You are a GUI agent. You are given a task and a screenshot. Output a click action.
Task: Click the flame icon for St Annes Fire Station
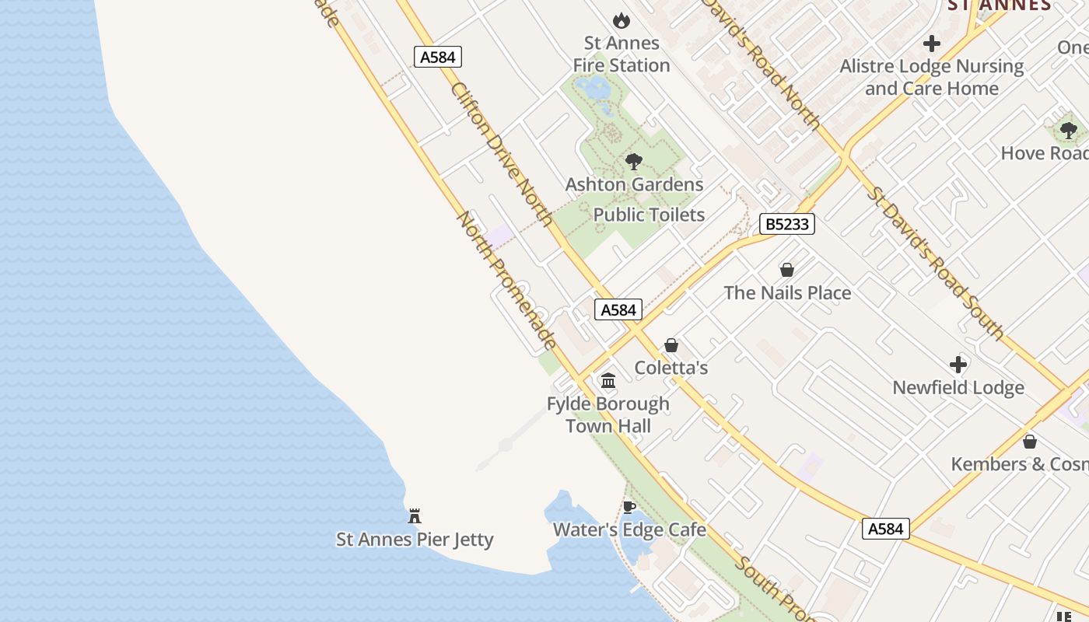pyautogui.click(x=621, y=20)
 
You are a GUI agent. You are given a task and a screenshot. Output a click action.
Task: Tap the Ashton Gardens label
pyautogui.click(x=634, y=184)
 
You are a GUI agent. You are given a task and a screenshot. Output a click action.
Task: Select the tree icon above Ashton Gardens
pyautogui.click(x=634, y=162)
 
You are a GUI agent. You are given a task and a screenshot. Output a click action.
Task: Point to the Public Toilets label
pyautogui.click(x=649, y=215)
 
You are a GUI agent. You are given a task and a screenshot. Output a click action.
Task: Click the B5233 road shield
pyautogui.click(x=786, y=225)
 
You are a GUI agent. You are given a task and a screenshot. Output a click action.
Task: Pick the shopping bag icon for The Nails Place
pyautogui.click(x=787, y=270)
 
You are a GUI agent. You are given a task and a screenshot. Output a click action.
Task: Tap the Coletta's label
pyautogui.click(x=671, y=367)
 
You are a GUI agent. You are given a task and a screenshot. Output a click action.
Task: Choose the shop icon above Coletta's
pyautogui.click(x=671, y=345)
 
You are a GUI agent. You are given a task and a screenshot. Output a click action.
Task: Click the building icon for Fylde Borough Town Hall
pyautogui.click(x=608, y=381)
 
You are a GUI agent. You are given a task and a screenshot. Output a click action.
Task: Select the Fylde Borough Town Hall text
pyautogui.click(x=608, y=414)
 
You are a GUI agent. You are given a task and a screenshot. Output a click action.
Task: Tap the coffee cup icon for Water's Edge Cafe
pyautogui.click(x=629, y=508)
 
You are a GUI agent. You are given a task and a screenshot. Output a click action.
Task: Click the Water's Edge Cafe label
pyautogui.click(x=629, y=530)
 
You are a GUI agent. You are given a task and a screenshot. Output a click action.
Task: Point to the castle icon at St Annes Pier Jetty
pyautogui.click(x=415, y=516)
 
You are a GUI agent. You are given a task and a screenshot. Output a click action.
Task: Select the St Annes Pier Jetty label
pyautogui.click(x=415, y=539)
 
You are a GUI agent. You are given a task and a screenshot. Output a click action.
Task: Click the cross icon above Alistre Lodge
pyautogui.click(x=932, y=44)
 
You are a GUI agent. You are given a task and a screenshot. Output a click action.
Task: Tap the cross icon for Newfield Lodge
pyautogui.click(x=958, y=364)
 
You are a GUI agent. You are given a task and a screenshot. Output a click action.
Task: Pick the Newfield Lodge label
pyautogui.click(x=958, y=387)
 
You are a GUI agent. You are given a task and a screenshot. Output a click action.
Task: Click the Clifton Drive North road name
pyautogui.click(x=502, y=154)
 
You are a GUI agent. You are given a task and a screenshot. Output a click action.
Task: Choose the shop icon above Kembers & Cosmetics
pyautogui.click(x=1030, y=442)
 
